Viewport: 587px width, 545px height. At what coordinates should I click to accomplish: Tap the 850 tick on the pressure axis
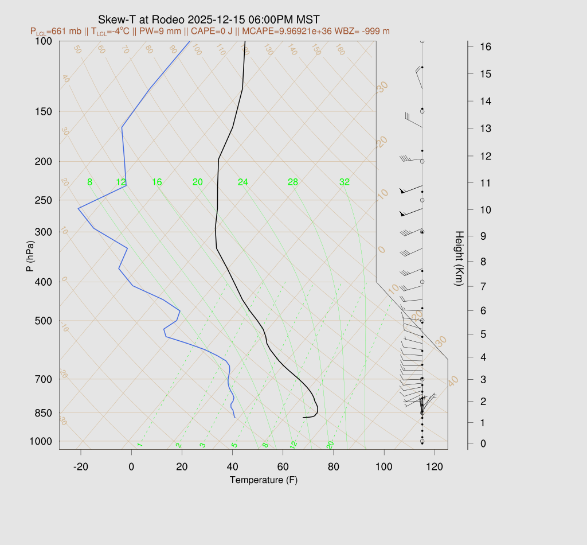pos(43,413)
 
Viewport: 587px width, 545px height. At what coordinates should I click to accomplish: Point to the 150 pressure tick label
pos(43,111)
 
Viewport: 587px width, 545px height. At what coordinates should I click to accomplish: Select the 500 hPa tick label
pos(43,320)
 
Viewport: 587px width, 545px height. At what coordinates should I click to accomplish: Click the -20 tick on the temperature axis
pos(81,466)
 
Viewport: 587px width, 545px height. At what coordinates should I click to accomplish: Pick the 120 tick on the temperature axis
pos(435,466)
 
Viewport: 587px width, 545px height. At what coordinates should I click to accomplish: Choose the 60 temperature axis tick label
pos(283,466)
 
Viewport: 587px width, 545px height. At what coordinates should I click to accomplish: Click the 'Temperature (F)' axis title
pos(263,480)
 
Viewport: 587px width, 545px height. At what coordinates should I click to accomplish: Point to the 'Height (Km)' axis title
pos(459,259)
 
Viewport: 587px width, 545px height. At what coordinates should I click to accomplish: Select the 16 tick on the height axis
pos(484,46)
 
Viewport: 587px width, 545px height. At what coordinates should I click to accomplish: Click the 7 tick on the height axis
pos(484,286)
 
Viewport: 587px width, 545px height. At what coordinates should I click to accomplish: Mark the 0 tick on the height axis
pos(484,443)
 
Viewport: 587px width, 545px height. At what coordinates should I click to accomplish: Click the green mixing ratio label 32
pos(344,182)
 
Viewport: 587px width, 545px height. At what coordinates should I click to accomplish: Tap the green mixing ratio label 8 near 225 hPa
pos(89,182)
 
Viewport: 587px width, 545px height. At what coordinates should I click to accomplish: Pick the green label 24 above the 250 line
pos(243,182)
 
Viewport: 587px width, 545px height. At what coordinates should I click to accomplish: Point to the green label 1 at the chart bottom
pos(139,445)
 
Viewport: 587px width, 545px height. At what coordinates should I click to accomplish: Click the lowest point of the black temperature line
pos(303,417)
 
